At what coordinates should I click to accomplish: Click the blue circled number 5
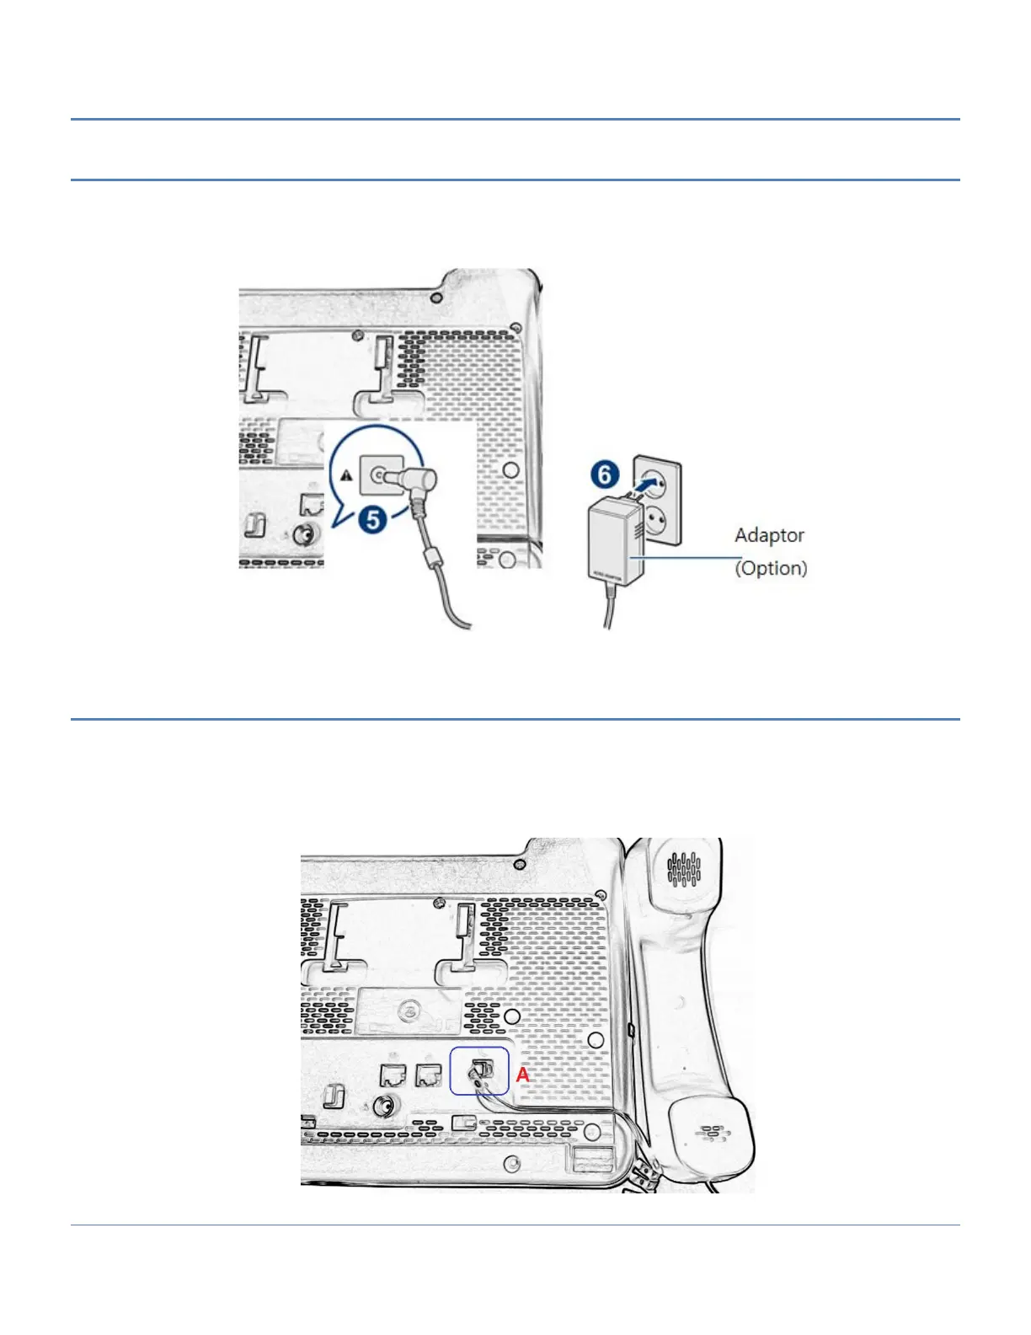click(375, 518)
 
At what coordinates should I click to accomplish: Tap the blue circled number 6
click(605, 474)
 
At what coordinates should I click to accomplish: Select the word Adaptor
click(769, 535)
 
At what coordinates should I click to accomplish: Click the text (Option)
click(771, 568)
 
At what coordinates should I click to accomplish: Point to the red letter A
click(523, 1075)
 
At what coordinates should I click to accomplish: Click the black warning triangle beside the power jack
click(346, 475)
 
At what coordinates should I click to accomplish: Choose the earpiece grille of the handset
click(684, 870)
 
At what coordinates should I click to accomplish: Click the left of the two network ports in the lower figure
click(393, 1075)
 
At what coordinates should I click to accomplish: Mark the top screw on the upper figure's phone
click(435, 298)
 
